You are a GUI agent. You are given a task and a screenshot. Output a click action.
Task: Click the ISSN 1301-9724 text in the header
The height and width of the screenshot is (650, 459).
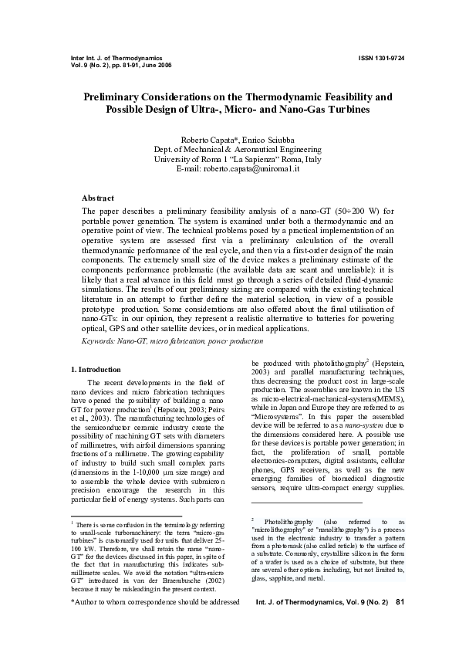[x=381, y=58]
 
